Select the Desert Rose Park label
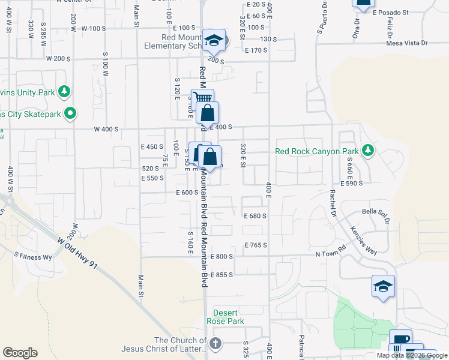coord(229,317)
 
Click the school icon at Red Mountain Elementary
coord(214,40)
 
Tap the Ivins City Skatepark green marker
coord(71,112)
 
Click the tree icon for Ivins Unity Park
coord(64,92)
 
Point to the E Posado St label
coord(390,12)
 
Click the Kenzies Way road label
coord(363,241)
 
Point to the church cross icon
coord(215,344)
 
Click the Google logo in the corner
coord(20,353)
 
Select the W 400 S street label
coord(106,130)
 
